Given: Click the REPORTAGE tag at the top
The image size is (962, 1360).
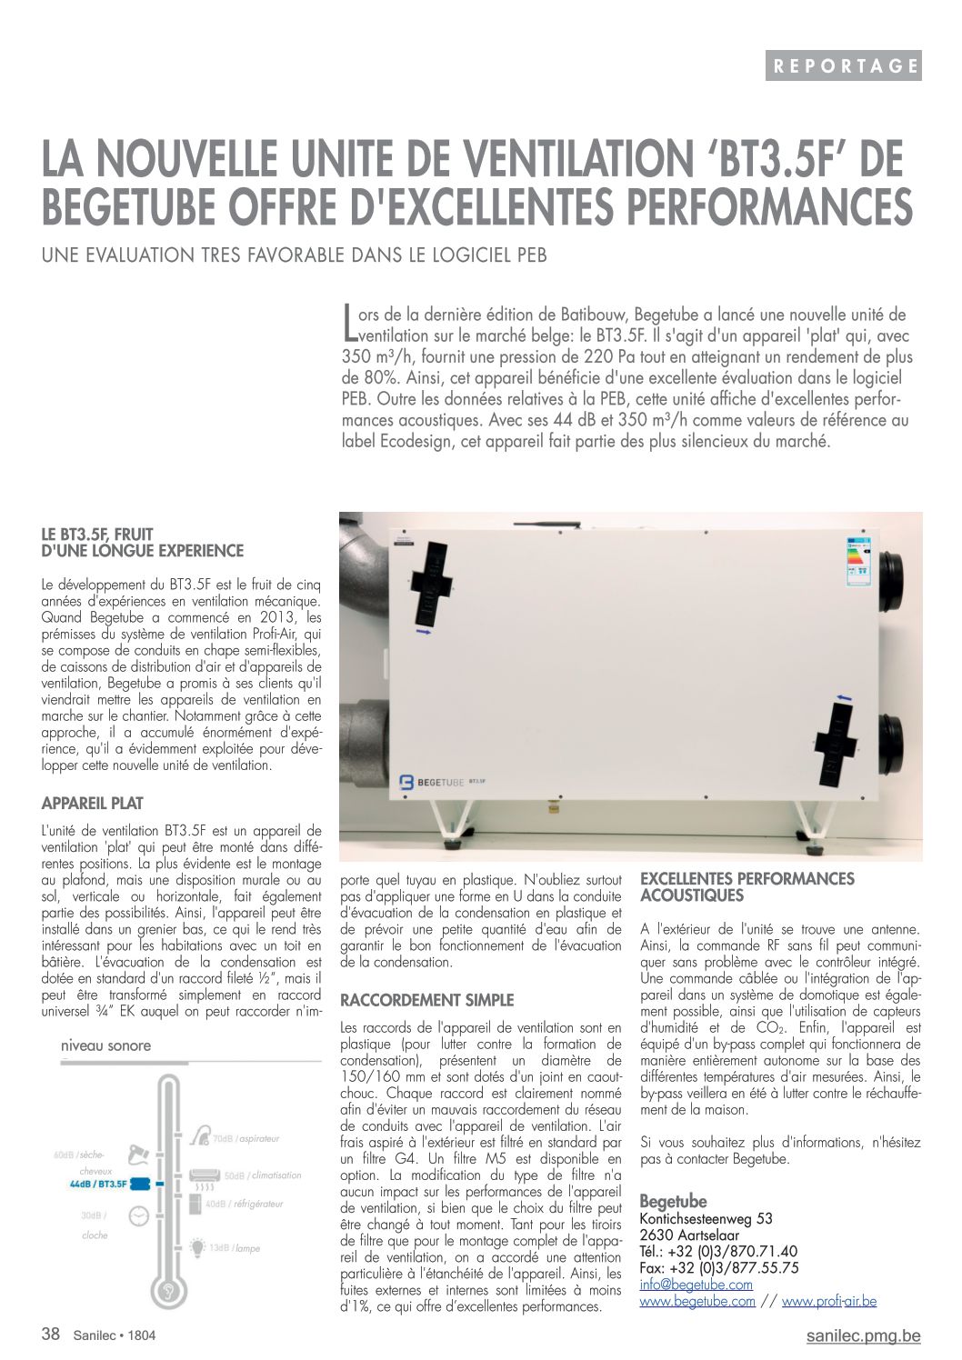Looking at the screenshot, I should coord(843,65).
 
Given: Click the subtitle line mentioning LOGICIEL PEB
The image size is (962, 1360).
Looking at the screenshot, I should coord(295,255).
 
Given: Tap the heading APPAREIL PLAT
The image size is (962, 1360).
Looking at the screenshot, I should coord(92,804).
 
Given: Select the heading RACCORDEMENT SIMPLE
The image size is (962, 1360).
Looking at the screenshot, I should coord(426,1000).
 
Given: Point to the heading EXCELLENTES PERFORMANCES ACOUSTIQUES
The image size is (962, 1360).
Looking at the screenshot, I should coord(747,887).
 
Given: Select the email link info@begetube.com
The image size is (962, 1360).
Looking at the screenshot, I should coord(696,1285).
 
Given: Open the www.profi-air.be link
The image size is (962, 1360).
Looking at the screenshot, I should coord(828,1301).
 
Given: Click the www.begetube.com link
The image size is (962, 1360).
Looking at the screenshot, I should coord(697,1301).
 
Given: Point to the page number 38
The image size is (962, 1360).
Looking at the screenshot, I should coord(51,1335).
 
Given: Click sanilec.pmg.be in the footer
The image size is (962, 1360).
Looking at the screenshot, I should coord(863,1335).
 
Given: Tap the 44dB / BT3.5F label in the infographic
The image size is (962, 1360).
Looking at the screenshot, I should coord(98,1185).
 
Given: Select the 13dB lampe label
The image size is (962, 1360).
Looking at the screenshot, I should coord(234,1248).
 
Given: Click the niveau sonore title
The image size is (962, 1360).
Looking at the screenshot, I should coord(105,1045).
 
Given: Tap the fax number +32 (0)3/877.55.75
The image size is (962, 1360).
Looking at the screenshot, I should coord(718,1268).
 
